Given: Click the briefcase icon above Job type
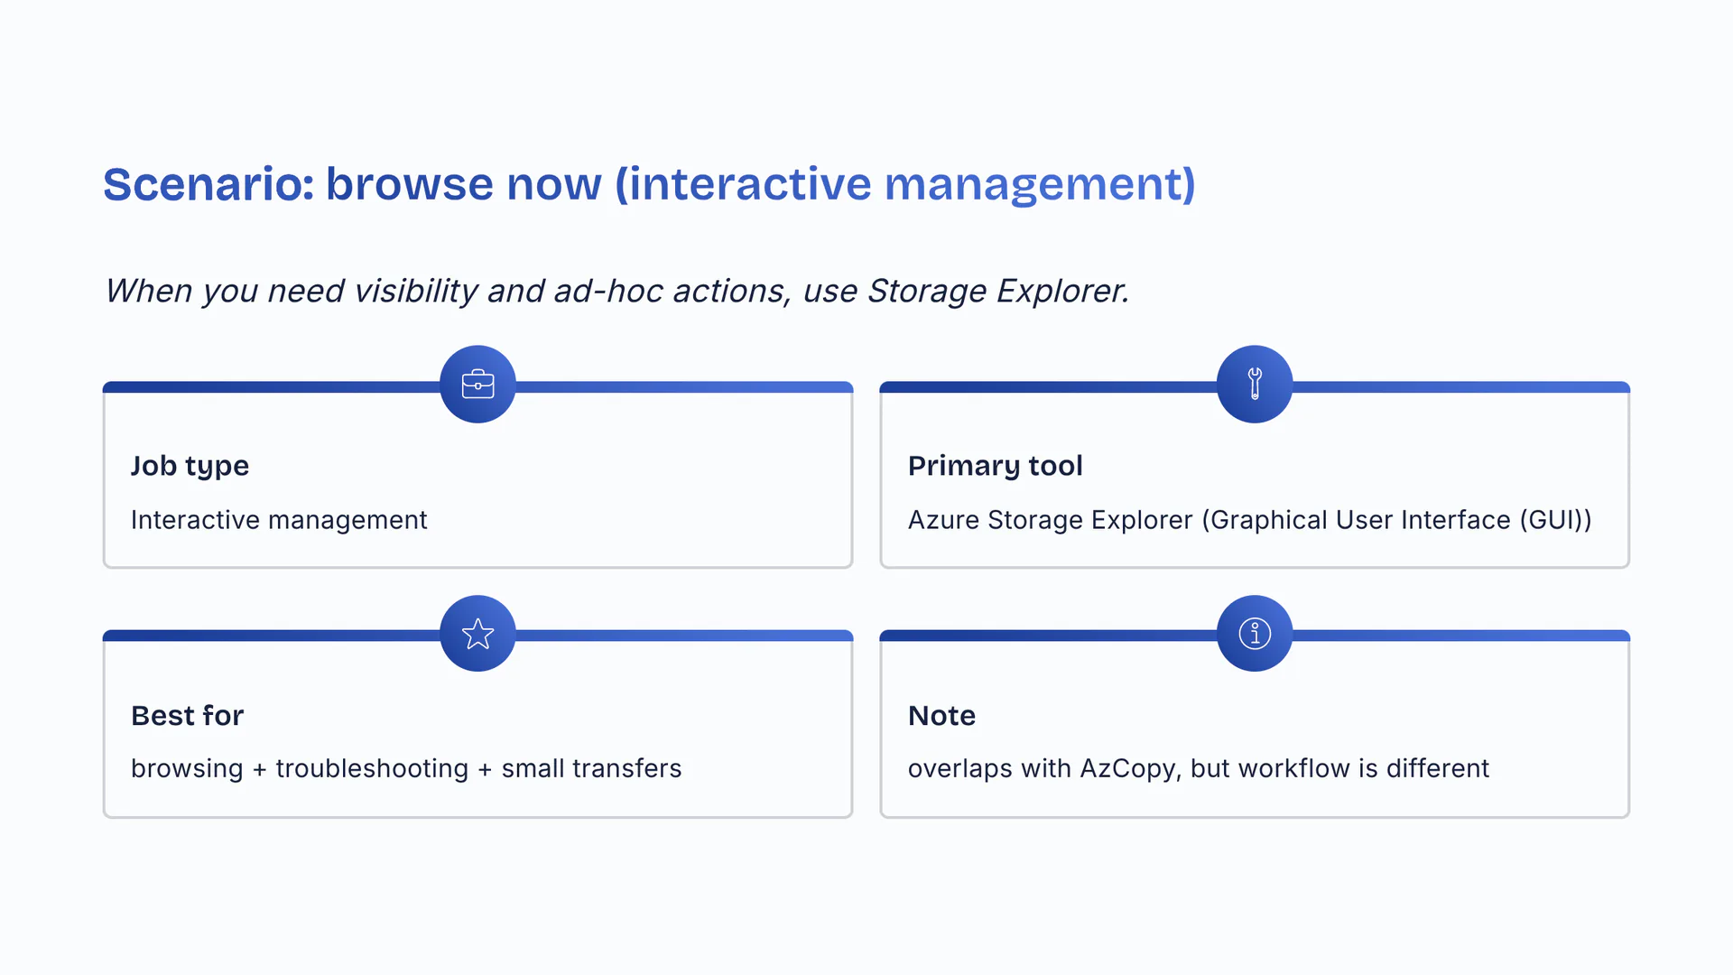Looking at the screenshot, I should (477, 385).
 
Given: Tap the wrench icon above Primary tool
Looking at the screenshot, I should (1255, 385).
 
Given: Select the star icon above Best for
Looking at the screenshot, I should (477, 634).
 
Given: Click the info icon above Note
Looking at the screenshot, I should (1255, 634).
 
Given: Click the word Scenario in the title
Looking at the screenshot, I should (208, 184).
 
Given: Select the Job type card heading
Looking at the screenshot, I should (190, 466).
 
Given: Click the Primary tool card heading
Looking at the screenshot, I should (995, 466).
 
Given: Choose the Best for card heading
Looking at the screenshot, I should (187, 716).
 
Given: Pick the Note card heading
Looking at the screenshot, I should (941, 716).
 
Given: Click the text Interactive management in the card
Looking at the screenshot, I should (279, 520).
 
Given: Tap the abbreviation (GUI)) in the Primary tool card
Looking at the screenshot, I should (1555, 520).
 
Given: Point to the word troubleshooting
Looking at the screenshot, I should (372, 768).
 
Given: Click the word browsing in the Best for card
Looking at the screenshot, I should (187, 768).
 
